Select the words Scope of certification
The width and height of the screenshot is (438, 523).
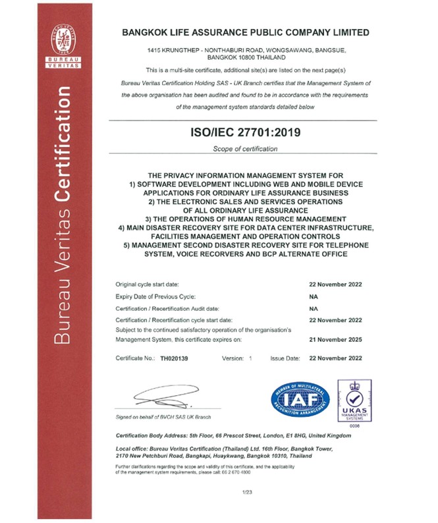[x=245, y=150]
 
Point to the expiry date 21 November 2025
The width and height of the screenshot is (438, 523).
[x=335, y=340]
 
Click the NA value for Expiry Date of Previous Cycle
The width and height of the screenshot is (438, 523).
[x=314, y=296]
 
